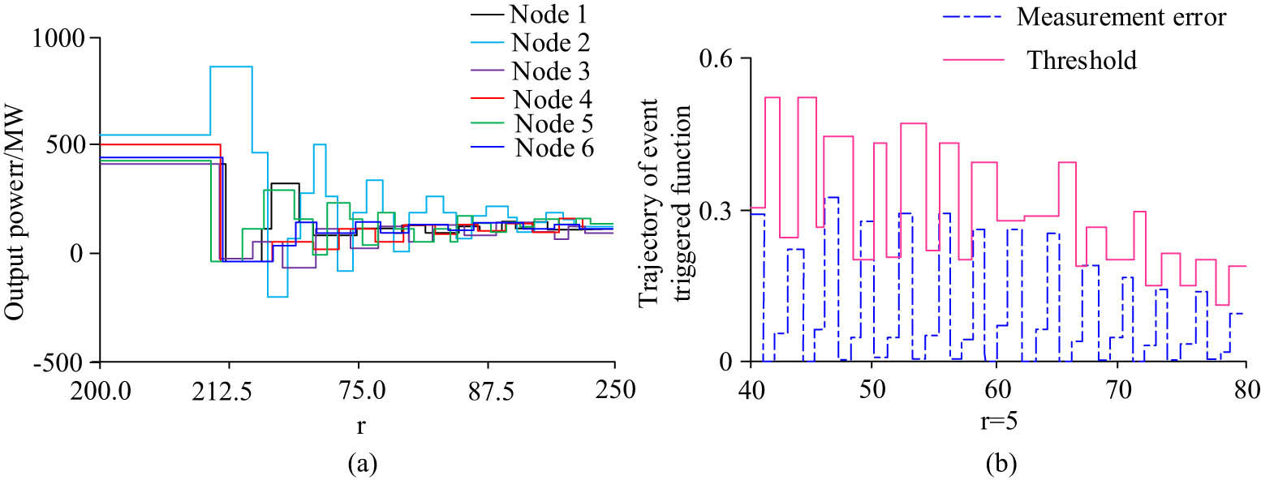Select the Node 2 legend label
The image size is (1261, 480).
pyautogui.click(x=550, y=41)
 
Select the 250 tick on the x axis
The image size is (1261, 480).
pyautogui.click(x=613, y=388)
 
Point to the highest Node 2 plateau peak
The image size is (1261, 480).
pyautogui.click(x=231, y=66)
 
